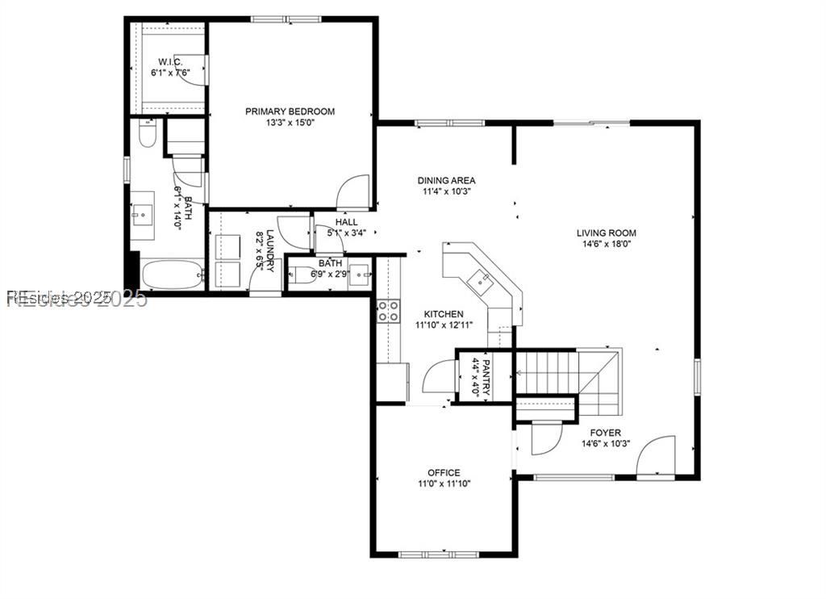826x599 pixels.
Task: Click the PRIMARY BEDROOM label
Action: [x=290, y=111]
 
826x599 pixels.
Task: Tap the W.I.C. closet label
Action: [x=169, y=61]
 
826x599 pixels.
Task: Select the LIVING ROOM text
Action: [x=605, y=233]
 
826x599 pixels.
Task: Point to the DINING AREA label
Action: [x=446, y=181]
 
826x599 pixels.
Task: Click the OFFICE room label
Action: [x=444, y=472]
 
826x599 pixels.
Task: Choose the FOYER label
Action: [x=605, y=433]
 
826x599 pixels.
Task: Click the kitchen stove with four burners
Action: [x=388, y=311]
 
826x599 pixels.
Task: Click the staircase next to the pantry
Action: [x=557, y=373]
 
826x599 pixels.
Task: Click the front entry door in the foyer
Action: [x=656, y=457]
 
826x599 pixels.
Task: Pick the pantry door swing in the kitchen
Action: [x=440, y=377]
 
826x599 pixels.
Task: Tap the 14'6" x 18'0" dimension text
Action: [x=605, y=245]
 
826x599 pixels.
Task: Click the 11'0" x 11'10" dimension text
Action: [x=444, y=484]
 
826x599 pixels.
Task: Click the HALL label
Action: [x=347, y=222]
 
